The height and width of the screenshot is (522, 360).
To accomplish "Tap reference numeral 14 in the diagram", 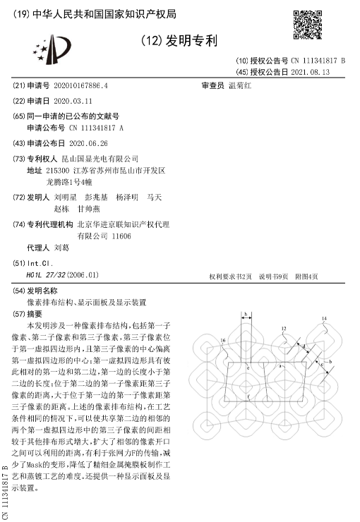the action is point(324,320).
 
